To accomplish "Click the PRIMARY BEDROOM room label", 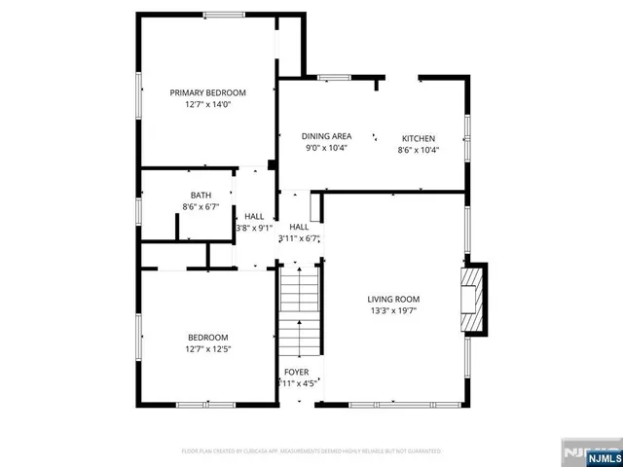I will (x=207, y=92).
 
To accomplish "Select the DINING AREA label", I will (x=325, y=137).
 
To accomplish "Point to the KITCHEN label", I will (x=419, y=138).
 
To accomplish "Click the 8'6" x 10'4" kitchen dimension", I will (x=419, y=150).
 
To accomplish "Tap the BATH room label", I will (x=201, y=195).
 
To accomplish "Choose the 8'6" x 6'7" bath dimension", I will (x=201, y=206).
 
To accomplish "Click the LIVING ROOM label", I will (x=393, y=299).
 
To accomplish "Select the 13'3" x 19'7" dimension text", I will (x=393, y=310).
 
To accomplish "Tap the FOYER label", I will (x=297, y=373).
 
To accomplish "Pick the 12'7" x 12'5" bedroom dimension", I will (x=207, y=348).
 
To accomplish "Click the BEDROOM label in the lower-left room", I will (x=207, y=337).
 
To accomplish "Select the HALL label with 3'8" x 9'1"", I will (x=254, y=216).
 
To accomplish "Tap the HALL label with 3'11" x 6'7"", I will (x=299, y=226).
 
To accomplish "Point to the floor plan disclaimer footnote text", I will (x=311, y=451).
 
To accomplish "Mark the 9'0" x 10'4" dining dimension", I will (x=325, y=148).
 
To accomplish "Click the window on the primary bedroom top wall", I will (x=224, y=15).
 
